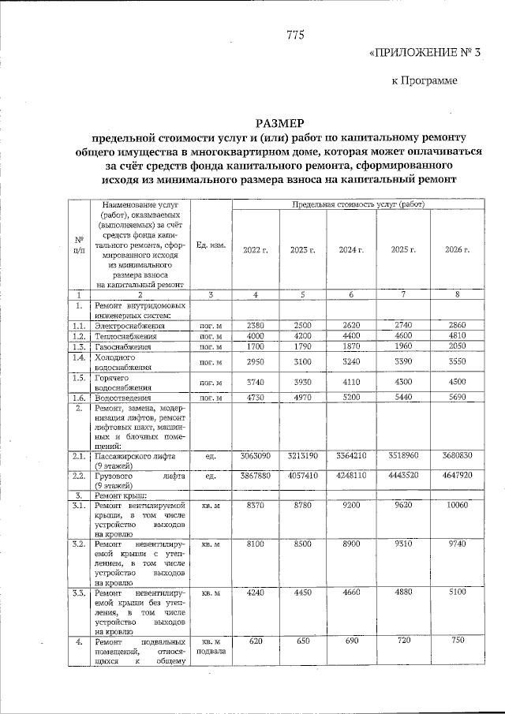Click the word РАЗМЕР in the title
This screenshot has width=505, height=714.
(x=279, y=124)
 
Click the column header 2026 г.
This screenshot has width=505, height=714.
(x=457, y=249)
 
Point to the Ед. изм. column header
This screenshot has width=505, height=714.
(x=211, y=245)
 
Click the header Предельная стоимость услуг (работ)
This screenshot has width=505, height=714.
(x=357, y=204)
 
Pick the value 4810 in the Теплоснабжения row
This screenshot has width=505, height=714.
(x=458, y=335)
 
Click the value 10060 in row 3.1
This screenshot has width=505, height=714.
(x=458, y=506)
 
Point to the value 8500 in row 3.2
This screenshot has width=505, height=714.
(x=302, y=544)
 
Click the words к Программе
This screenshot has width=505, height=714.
(x=425, y=80)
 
